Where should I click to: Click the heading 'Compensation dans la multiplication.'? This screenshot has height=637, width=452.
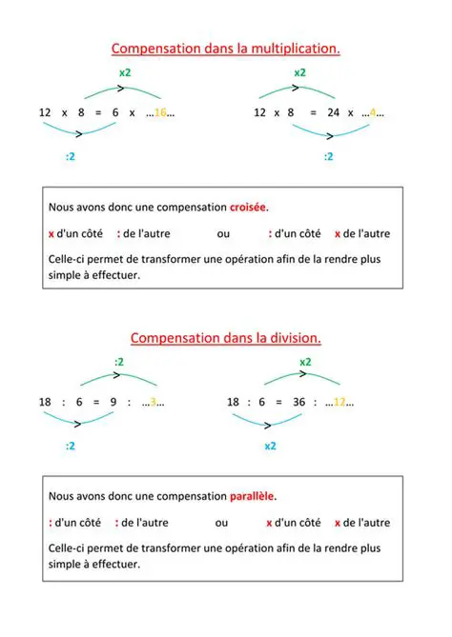coord(226,48)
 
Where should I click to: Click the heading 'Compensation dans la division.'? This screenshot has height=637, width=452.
coord(226,337)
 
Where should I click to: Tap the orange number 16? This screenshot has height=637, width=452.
coord(160,112)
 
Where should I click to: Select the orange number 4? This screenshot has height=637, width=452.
coord(373,112)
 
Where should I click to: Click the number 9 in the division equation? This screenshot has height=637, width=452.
coord(113,402)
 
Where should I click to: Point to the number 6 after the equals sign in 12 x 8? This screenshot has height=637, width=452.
coord(115,112)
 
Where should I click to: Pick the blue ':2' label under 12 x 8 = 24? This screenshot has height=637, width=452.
coord(328,155)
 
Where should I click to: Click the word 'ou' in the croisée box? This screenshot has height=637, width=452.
coord(223,233)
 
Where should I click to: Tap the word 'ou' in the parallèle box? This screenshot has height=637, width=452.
coord(221,523)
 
